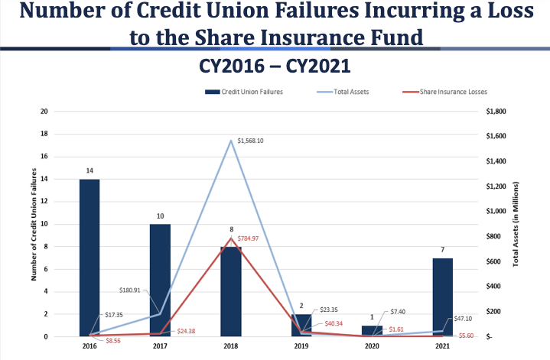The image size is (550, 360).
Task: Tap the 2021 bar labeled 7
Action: point(442,297)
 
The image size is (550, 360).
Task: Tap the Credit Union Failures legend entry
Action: point(249,92)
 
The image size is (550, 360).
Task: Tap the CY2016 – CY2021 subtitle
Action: point(275,66)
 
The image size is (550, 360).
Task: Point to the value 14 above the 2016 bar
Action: point(89,170)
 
